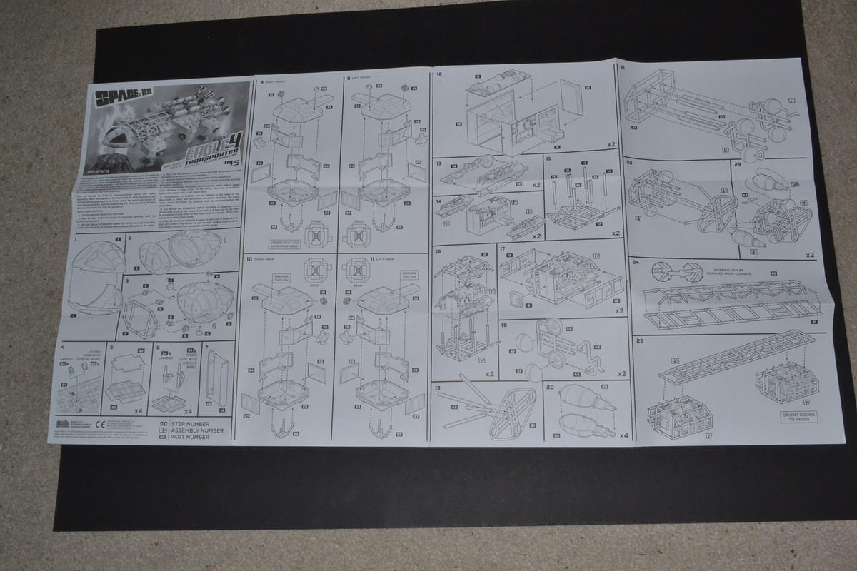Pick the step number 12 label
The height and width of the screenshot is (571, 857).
[439, 74]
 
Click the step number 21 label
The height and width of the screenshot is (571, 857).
[623, 68]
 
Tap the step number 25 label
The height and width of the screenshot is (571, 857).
[638, 340]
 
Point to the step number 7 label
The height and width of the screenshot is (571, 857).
[207, 348]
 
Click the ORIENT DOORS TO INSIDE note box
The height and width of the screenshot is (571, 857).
[798, 416]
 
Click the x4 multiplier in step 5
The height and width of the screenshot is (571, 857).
[136, 412]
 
